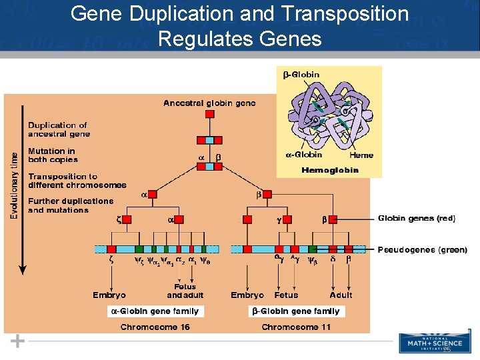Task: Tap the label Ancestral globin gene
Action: [x=209, y=103]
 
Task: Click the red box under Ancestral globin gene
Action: [x=209, y=115]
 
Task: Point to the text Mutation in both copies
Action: [x=53, y=155]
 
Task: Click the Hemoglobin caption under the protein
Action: [x=330, y=170]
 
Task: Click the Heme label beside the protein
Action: [x=361, y=155]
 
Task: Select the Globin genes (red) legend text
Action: [x=416, y=218]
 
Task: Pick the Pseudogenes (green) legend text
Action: [x=423, y=250]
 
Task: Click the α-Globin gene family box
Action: [x=154, y=311]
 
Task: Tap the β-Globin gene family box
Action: [x=295, y=311]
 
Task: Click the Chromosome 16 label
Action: [x=155, y=327]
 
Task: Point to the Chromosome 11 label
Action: [x=296, y=327]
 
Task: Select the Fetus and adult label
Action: [x=185, y=291]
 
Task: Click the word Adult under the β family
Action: [x=341, y=295]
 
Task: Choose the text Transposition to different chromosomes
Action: [x=77, y=181]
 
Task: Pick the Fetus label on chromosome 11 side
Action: [x=286, y=295]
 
